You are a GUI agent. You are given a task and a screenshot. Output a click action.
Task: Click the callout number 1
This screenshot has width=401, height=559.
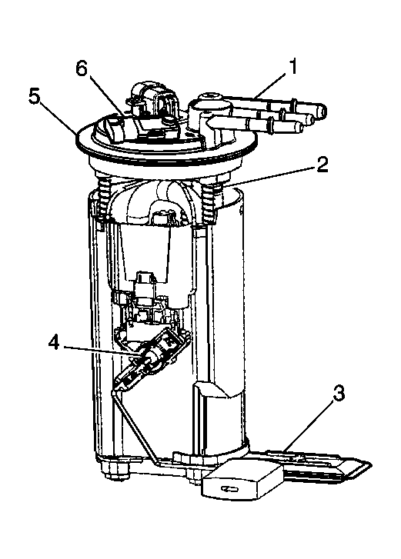[x=292, y=67]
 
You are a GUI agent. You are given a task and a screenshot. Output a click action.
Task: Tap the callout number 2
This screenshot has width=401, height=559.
[x=322, y=165]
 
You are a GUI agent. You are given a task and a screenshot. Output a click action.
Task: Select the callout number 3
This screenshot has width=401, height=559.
[x=339, y=394]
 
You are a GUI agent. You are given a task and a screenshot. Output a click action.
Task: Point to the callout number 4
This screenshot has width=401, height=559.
[x=54, y=343]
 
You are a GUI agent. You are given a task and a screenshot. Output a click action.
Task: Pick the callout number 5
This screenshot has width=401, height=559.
[x=34, y=96]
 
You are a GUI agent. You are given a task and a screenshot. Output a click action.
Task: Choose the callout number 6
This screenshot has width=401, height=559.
[x=82, y=68]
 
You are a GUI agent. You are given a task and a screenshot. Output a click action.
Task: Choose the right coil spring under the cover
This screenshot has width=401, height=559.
[x=209, y=201]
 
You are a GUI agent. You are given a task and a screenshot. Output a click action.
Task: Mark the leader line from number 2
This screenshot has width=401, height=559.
[x=269, y=176]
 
